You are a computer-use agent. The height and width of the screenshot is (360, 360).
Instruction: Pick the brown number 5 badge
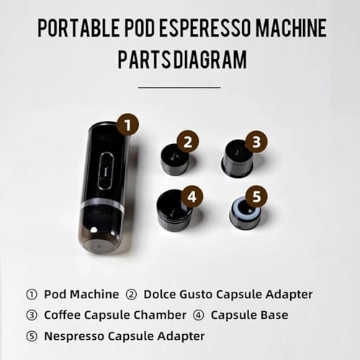click(256, 195)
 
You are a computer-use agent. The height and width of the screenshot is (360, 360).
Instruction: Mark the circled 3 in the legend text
click(32, 315)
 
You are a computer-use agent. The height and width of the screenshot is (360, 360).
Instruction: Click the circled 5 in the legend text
click(32, 336)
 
